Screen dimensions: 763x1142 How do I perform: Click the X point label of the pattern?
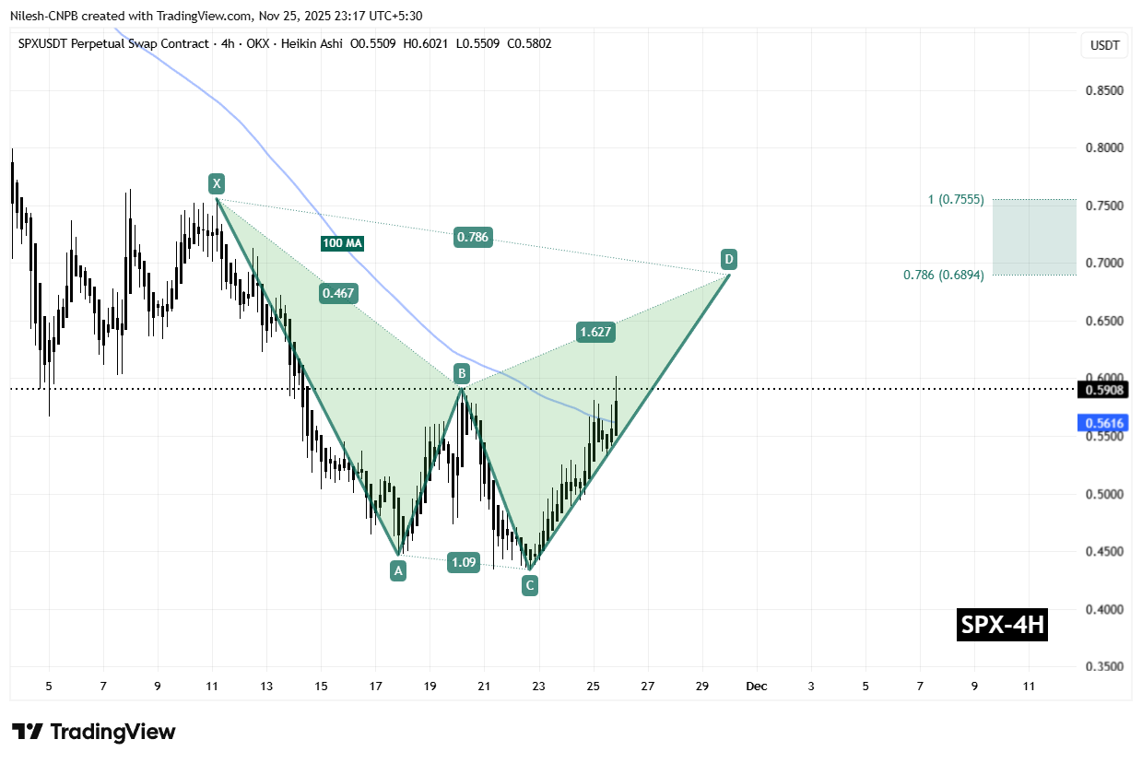pos(216,182)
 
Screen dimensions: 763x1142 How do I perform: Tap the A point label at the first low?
pos(398,571)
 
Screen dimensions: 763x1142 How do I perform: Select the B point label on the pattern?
pos(461,373)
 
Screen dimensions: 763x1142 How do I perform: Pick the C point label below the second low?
pos(529,585)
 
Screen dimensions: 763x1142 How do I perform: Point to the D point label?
pos(729,258)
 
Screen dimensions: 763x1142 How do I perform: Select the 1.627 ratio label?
pos(595,332)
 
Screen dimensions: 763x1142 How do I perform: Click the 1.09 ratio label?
pos(463,561)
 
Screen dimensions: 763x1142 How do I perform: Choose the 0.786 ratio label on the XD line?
pos(473,238)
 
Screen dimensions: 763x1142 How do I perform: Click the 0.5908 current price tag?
pos(1101,390)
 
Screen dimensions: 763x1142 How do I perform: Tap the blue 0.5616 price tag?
pos(1101,423)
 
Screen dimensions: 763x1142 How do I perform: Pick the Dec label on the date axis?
pos(757,687)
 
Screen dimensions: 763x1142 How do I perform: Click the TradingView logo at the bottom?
pos(95,732)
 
